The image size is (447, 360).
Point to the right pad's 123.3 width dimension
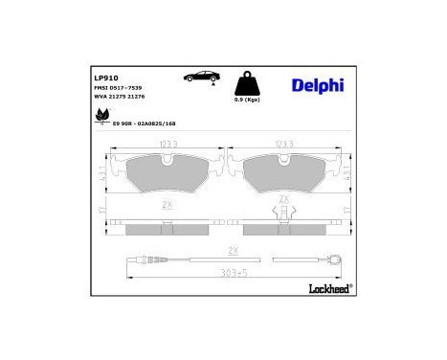click(283, 144)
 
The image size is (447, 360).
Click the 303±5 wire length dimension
click(227, 272)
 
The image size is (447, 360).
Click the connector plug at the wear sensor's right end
click(336, 258)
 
